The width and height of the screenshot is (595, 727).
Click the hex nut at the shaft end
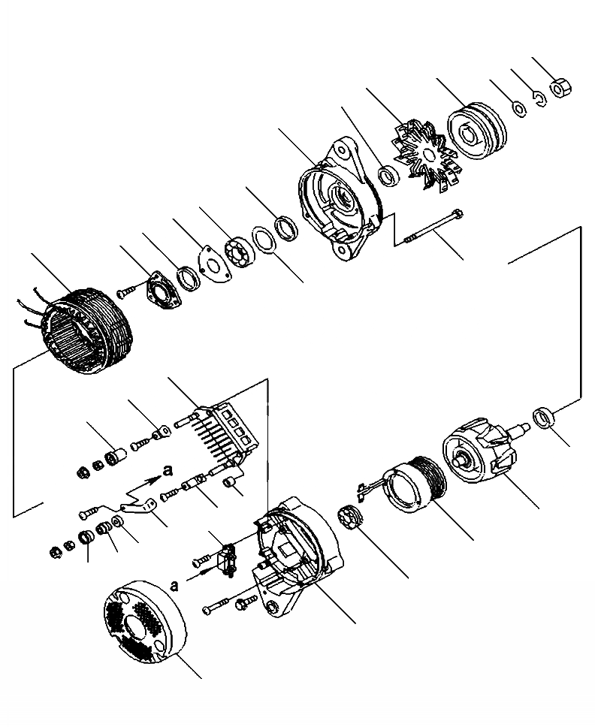coord(560,88)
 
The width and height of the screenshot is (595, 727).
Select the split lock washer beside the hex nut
coord(539,99)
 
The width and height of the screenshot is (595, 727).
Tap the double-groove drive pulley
coord(478,135)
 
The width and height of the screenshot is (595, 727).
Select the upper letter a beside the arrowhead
coord(168,470)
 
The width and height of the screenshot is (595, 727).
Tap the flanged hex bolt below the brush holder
coord(245,602)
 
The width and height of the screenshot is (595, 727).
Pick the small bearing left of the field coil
coord(352,519)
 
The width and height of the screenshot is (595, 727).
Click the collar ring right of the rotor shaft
coord(543,417)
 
